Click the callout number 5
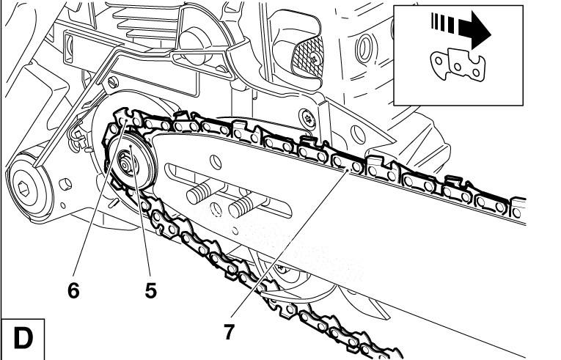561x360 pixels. point(150,290)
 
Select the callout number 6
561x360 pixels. point(73,290)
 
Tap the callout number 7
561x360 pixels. point(229,331)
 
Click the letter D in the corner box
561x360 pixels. point(23,339)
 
